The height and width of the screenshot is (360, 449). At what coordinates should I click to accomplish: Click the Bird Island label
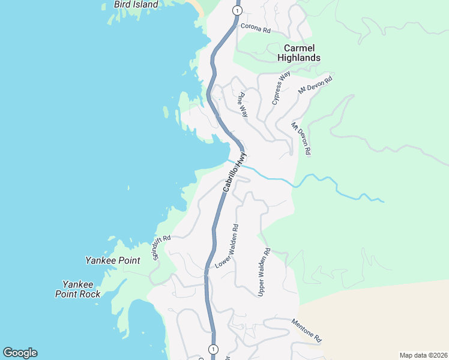[136, 5]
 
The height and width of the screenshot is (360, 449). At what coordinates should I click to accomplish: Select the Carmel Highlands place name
[298, 53]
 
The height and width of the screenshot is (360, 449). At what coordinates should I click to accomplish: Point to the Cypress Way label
[281, 88]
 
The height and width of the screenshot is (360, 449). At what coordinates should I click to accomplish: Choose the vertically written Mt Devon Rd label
[301, 139]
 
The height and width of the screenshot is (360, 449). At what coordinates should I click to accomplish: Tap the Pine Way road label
[242, 104]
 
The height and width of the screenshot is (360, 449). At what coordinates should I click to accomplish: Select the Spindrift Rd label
[161, 247]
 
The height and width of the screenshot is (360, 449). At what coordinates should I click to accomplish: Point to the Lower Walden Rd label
[228, 246]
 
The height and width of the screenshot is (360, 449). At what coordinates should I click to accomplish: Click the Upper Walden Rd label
[264, 272]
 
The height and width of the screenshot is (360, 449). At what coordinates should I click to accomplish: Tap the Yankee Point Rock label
[78, 289]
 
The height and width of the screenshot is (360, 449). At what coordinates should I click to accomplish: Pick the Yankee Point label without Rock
[113, 261]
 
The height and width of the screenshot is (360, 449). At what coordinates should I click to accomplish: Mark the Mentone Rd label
[307, 331]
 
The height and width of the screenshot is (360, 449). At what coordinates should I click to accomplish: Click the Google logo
[20, 353]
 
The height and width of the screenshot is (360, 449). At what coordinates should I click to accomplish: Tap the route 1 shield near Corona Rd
[238, 11]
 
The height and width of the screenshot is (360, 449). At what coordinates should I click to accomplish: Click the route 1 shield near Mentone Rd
[212, 349]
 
